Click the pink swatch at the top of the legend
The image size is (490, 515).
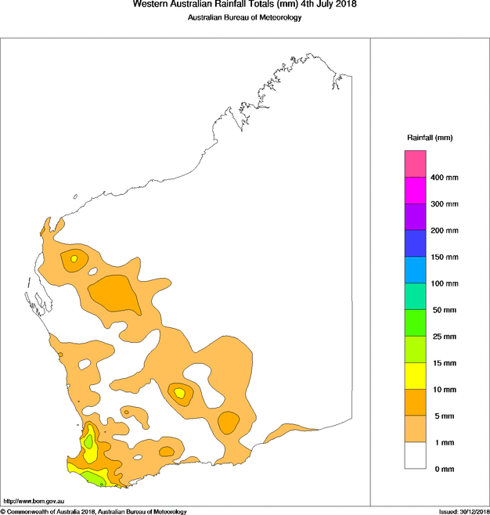(415, 164)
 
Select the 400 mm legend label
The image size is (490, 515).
(445, 178)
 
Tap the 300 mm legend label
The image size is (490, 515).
(445, 204)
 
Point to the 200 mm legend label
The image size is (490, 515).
(445, 231)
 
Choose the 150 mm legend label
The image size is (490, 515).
(445, 257)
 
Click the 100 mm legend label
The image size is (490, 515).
(445, 284)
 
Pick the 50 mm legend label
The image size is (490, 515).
(443, 311)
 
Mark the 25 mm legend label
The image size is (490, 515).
(443, 337)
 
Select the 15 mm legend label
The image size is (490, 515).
(443, 363)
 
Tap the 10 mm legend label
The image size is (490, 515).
(443, 390)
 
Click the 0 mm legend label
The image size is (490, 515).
(441, 469)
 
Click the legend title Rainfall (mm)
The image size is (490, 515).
(430, 138)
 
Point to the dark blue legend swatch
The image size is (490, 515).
(415, 243)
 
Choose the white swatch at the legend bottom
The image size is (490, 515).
(415, 456)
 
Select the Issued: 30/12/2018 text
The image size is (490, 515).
(463, 511)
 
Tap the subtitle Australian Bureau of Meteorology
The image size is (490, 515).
(245, 18)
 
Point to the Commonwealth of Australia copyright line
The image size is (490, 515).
(94, 511)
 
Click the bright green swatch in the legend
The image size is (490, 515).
(415, 322)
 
